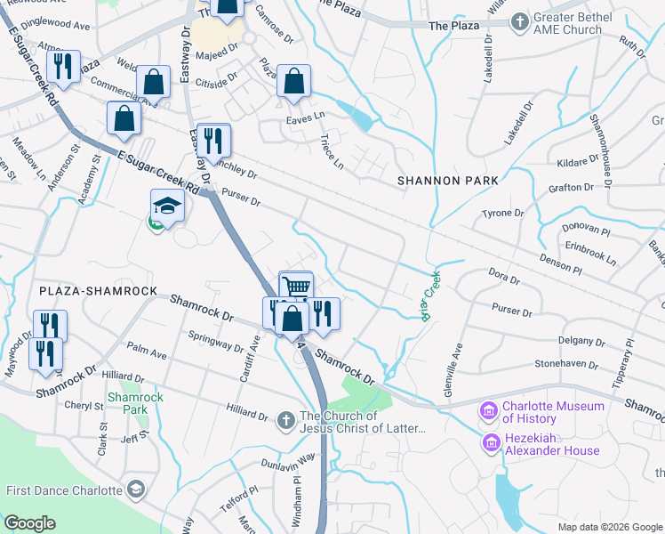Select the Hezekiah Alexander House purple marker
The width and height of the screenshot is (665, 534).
(489, 442)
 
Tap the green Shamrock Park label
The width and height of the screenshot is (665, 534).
(127, 403)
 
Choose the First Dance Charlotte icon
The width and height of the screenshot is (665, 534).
(136, 489)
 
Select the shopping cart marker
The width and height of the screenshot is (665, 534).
(296, 287)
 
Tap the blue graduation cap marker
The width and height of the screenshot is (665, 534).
(167, 206)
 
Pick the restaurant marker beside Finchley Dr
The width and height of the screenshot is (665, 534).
(213, 140)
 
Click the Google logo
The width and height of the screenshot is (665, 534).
(30, 523)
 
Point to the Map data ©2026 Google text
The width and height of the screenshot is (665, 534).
(609, 527)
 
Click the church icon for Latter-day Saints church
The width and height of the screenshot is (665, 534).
(285, 418)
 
